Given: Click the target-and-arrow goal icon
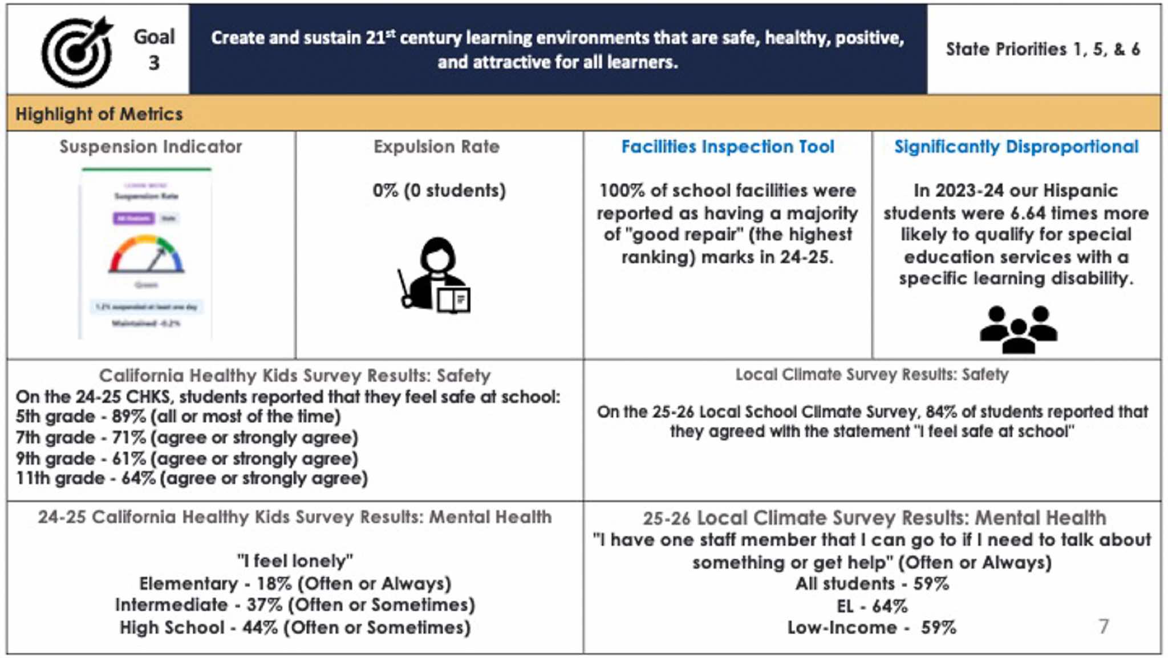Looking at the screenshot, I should tap(77, 51).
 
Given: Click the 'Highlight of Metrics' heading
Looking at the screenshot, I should tap(99, 114).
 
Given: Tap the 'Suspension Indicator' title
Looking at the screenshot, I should tap(151, 147).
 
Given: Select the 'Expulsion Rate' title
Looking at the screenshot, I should tap(436, 147).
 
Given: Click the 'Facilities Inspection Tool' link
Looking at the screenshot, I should tap(727, 147).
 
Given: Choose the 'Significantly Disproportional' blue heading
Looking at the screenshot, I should tap(1016, 147).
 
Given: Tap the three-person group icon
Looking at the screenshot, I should tap(1018, 329).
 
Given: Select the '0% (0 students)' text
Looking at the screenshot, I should tap(439, 190).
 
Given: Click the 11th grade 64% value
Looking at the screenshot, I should tap(139, 478).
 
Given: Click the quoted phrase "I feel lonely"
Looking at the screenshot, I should tap(295, 561).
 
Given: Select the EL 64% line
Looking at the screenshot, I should tap(871, 606).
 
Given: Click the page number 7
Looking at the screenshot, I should tap(1103, 627).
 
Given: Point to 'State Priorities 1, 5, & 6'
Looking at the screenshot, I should tap(1043, 50).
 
